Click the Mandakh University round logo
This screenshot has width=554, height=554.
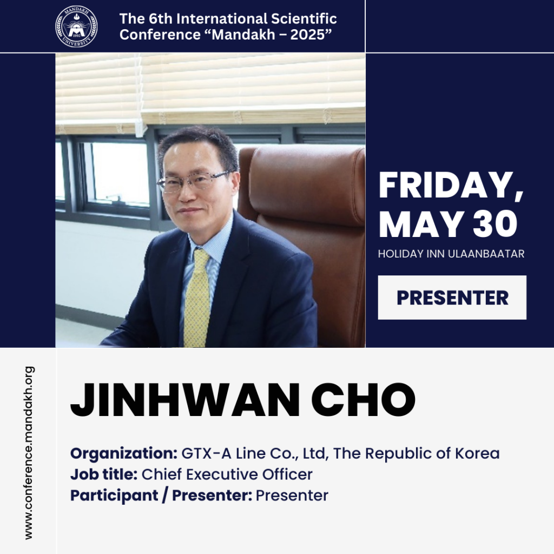coord(76,27)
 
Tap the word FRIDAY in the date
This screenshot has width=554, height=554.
coord(446,186)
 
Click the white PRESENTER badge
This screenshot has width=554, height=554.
coord(452,298)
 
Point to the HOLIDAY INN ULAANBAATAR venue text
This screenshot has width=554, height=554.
coord(451,254)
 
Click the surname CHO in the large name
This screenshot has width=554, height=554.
coord(363,400)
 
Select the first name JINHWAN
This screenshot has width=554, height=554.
coord(185,400)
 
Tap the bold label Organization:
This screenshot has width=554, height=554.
coord(124,453)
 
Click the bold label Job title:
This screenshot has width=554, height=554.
coord(104,474)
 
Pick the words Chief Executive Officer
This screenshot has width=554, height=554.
coord(227,474)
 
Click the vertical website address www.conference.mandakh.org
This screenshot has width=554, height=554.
coord(29,453)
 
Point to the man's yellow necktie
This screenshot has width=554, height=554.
coord(196,297)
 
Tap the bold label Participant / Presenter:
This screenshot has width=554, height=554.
coord(161,496)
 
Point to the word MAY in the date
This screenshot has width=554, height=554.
coord(420,224)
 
